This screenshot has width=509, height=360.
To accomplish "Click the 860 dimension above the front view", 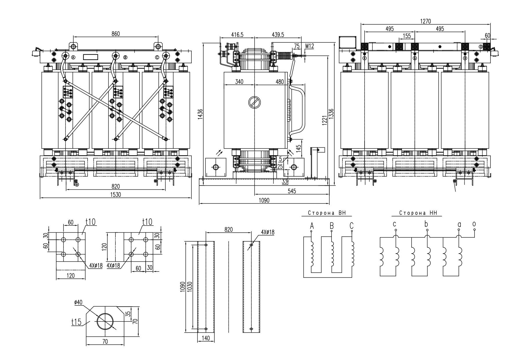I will (x=115, y=34).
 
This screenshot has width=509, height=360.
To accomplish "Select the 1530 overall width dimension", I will (x=115, y=195).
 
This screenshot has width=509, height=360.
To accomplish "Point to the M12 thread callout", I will (x=310, y=46).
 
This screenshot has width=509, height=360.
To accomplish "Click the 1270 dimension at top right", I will (x=425, y=21).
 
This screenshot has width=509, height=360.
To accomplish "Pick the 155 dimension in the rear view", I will (x=407, y=36).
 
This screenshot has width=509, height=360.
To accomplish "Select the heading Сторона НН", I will (x=416, y=213).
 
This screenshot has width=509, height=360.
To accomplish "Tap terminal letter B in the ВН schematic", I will (x=332, y=226).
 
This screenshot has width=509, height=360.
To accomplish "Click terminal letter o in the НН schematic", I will (x=474, y=224).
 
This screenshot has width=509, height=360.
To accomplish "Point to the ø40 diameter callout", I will (x=78, y=302).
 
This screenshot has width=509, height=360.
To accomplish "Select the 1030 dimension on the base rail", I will (x=190, y=287).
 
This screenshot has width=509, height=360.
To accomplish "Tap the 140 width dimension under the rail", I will (x=205, y=338).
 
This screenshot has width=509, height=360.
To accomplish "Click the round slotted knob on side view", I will (x=255, y=102).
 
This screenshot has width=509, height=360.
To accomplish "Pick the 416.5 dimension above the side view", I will (x=237, y=35).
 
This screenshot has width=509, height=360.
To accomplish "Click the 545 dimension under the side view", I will (x=292, y=191).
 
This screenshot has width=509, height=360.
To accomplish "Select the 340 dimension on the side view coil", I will (x=239, y=82).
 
